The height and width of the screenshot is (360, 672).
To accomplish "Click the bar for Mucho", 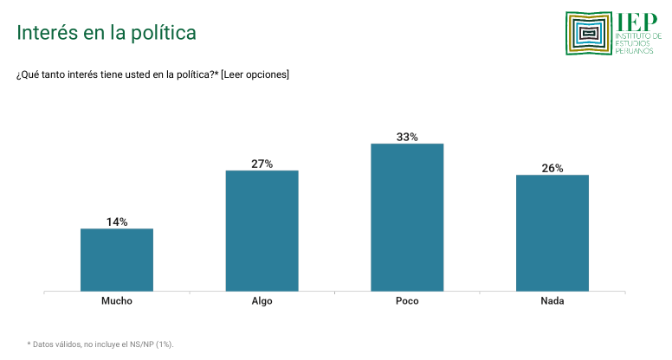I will [117, 260].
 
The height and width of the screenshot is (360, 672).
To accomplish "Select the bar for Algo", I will [262, 231].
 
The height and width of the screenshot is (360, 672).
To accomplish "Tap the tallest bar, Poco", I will [407, 217].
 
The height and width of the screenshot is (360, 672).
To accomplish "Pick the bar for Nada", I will [552, 233].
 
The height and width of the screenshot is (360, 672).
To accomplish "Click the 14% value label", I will [117, 222].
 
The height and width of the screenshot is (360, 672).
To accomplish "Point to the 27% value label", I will [262, 164].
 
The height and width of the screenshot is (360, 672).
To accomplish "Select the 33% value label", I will [407, 137].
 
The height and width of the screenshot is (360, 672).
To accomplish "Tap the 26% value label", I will [552, 168].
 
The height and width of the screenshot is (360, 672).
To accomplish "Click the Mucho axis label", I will [117, 301].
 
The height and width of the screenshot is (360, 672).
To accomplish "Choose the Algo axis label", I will [262, 301].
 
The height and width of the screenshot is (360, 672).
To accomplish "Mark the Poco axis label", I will [407, 301].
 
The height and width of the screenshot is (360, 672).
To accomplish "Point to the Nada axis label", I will [552, 301].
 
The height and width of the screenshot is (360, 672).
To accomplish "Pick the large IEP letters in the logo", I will [637, 22].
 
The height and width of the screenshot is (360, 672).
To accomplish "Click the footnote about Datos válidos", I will [100, 344].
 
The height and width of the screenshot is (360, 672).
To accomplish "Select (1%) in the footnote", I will [165, 344].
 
